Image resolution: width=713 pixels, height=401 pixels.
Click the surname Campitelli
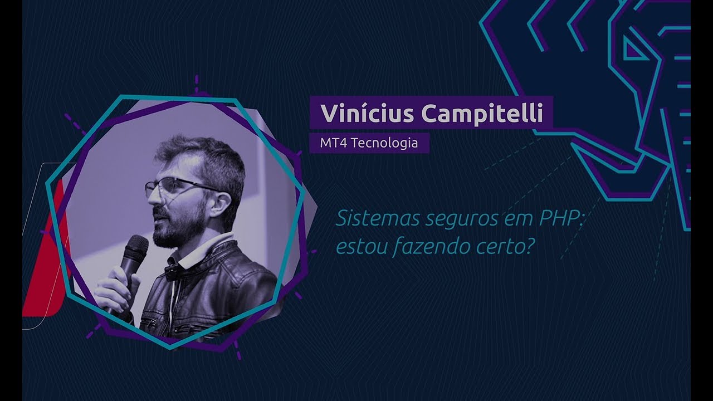tap(482, 114)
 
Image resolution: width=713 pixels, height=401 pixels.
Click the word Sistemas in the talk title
tap(376, 218)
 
